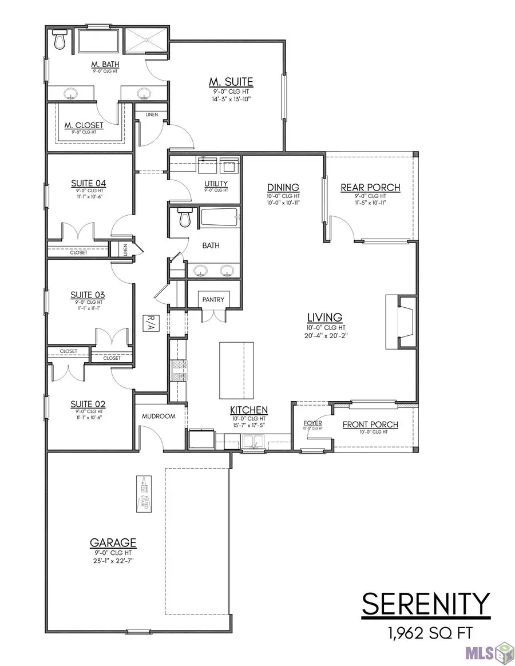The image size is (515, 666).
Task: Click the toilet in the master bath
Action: [60, 40]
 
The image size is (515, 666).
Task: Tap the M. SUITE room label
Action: [231, 82]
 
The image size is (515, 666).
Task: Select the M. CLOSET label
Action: [84, 125]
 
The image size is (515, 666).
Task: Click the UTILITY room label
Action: [217, 183]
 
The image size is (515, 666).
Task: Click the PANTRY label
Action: [213, 299]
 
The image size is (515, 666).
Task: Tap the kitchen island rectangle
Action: [236, 370]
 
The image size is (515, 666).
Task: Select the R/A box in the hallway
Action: [151, 323]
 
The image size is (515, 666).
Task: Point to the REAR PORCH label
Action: [370, 188]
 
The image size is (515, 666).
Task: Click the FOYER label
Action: [312, 423]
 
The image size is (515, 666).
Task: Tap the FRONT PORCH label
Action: [370, 425]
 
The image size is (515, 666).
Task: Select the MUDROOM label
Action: [159, 416]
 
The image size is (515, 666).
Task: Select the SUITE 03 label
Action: [88, 295]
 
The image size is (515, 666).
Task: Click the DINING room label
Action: [283, 188]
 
